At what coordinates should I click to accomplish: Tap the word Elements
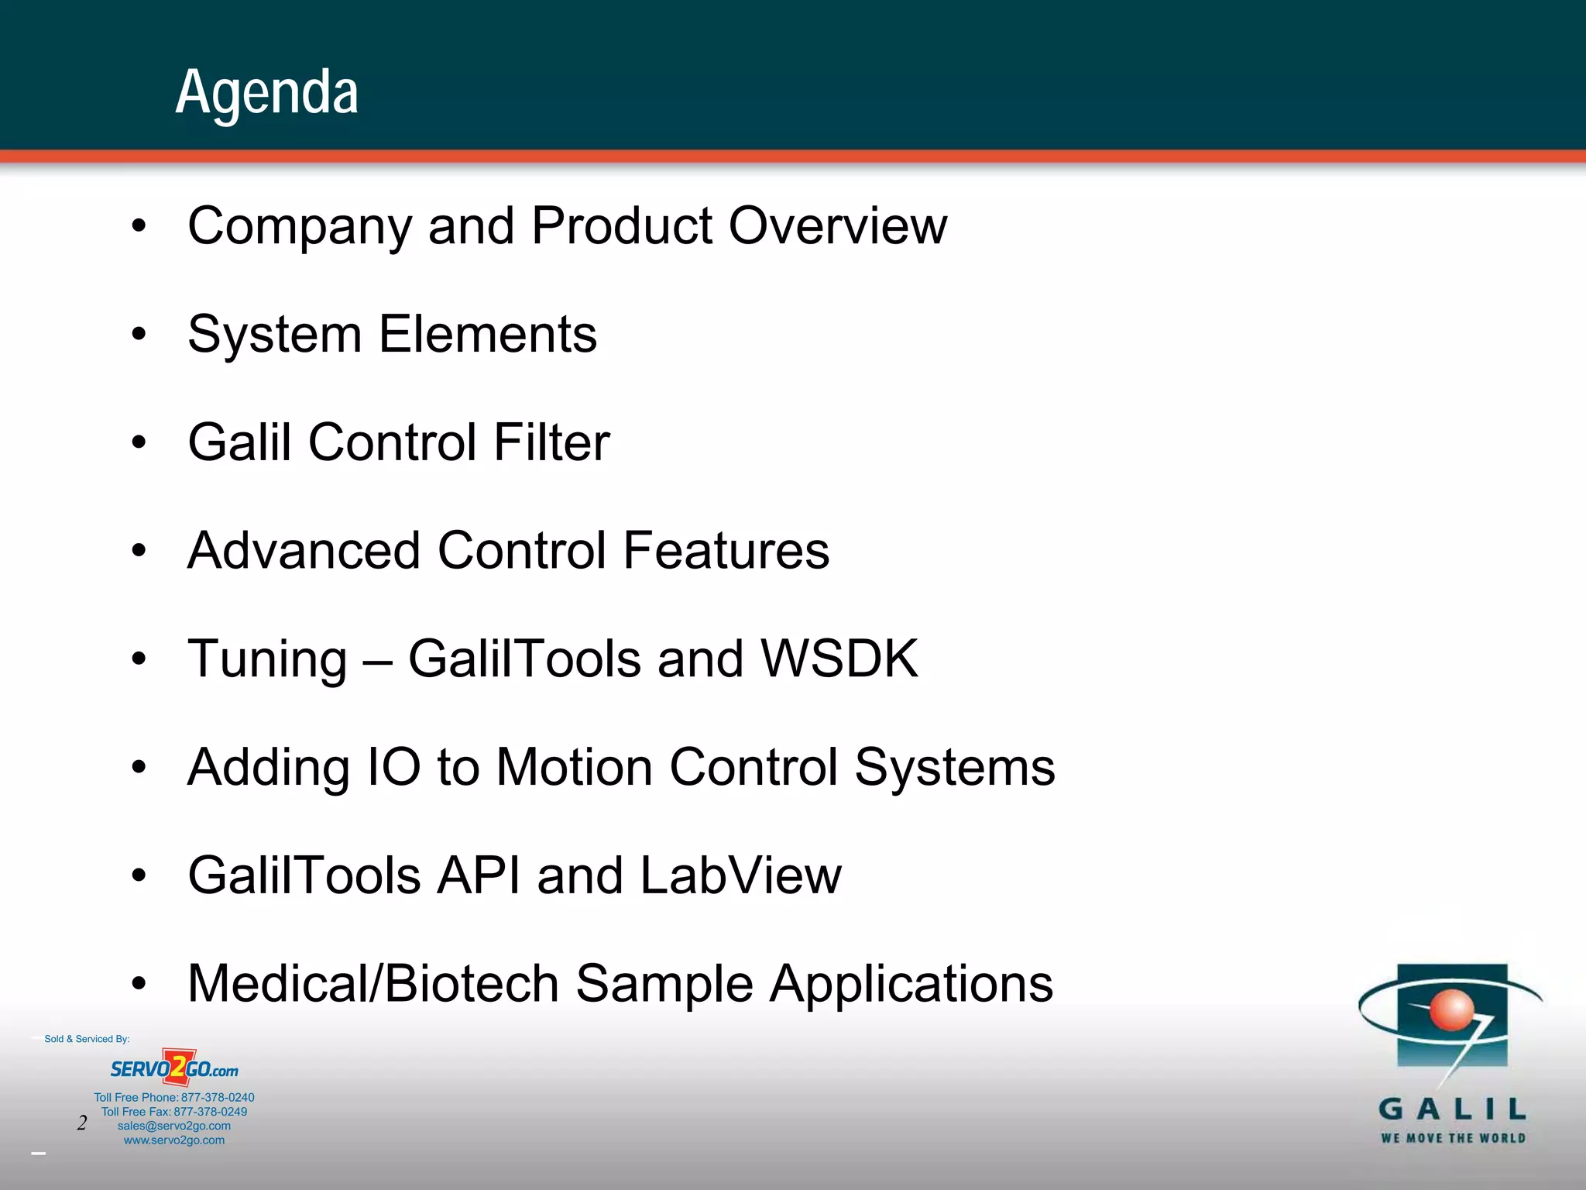click(x=487, y=335)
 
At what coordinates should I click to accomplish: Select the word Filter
click(x=551, y=442)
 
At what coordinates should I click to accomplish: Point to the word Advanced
click(x=304, y=551)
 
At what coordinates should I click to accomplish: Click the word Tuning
click(x=267, y=660)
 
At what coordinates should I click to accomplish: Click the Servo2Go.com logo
click(x=174, y=1069)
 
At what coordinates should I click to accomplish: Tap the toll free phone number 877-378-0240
click(x=218, y=1097)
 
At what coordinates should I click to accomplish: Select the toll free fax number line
click(x=174, y=1112)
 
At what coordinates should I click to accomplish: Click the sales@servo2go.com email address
click(x=174, y=1126)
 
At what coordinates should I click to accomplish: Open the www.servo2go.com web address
click(x=174, y=1140)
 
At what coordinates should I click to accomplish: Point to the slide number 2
click(x=82, y=1123)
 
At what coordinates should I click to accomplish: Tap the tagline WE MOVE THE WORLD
click(x=1453, y=1138)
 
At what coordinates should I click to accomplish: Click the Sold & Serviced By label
click(x=87, y=1039)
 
